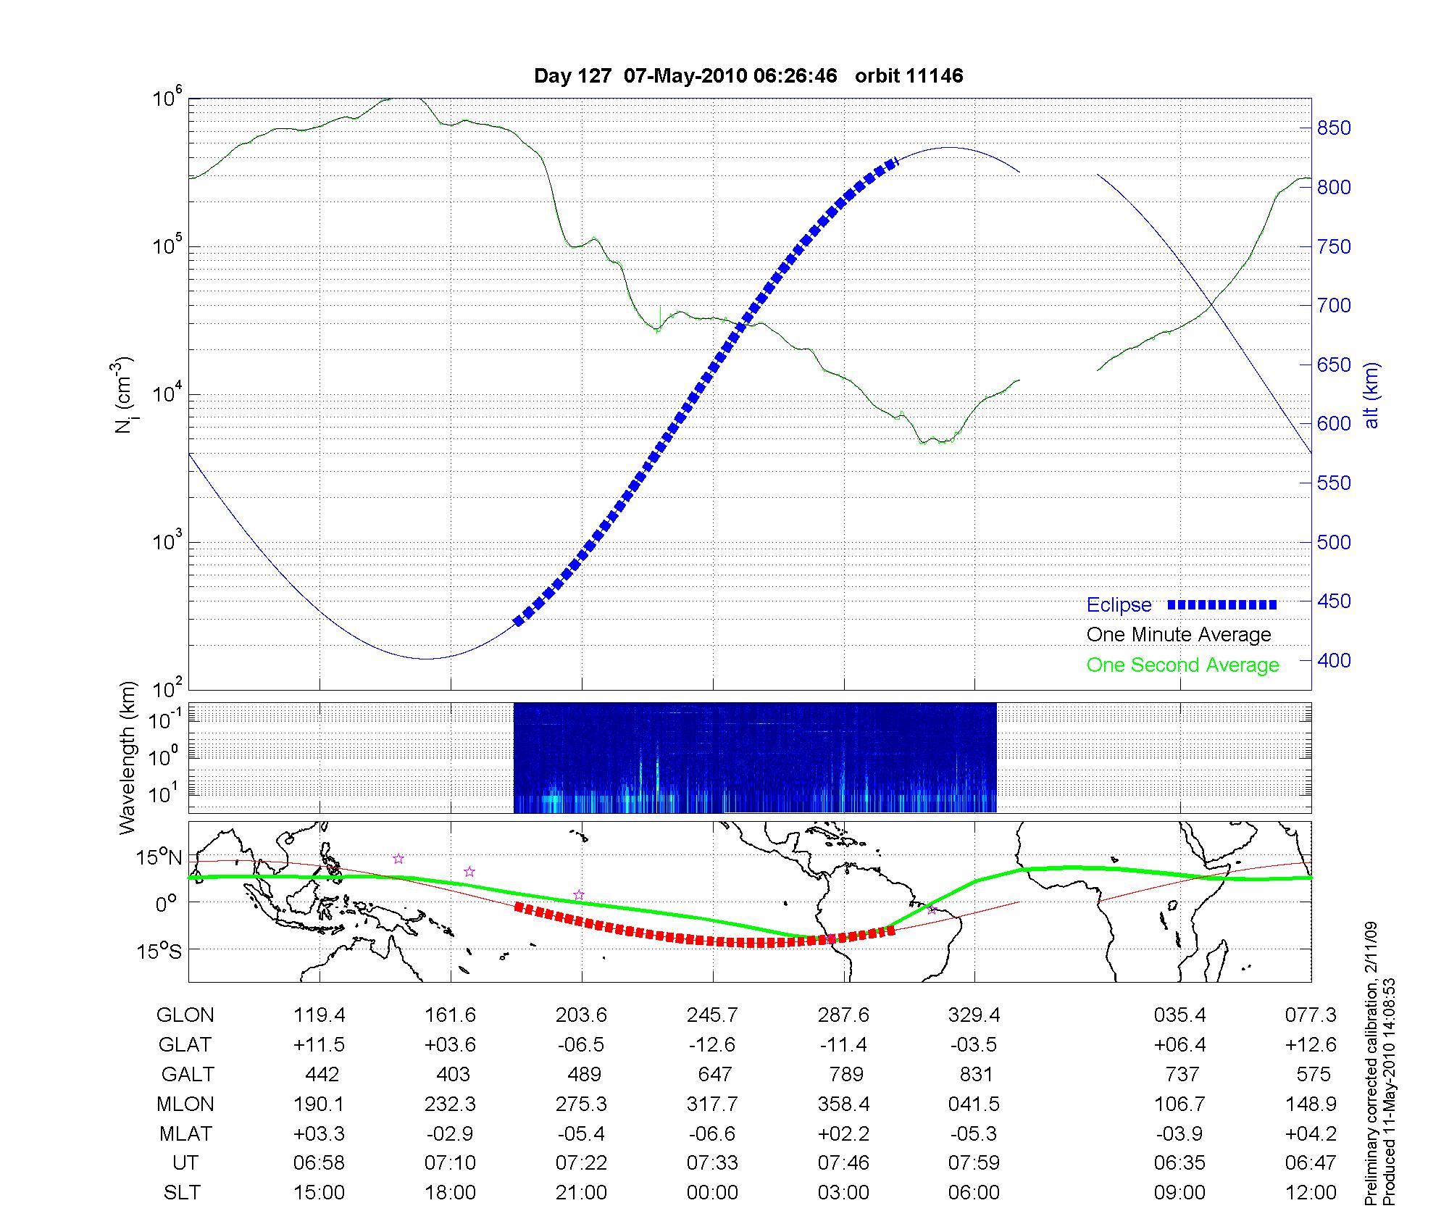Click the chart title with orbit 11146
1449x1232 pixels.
tap(748, 76)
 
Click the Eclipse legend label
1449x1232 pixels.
tap(1119, 605)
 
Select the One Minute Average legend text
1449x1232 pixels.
tap(1179, 635)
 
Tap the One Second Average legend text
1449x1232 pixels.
tap(1182, 665)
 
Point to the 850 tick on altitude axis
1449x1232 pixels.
tap(1333, 128)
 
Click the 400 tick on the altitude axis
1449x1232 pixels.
tap(1333, 660)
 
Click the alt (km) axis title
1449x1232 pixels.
tap(1371, 395)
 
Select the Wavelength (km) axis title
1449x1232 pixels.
tap(128, 757)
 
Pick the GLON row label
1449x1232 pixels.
tap(185, 1015)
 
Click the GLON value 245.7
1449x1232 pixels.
tap(712, 1015)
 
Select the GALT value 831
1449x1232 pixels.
tap(974, 1074)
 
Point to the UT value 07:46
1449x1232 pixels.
tap(843, 1163)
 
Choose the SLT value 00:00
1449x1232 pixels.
tap(712, 1193)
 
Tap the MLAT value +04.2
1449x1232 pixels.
tap(1310, 1133)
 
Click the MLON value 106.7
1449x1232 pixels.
tap(1179, 1104)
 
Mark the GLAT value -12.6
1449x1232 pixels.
tap(712, 1045)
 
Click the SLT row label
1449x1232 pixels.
tap(182, 1193)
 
